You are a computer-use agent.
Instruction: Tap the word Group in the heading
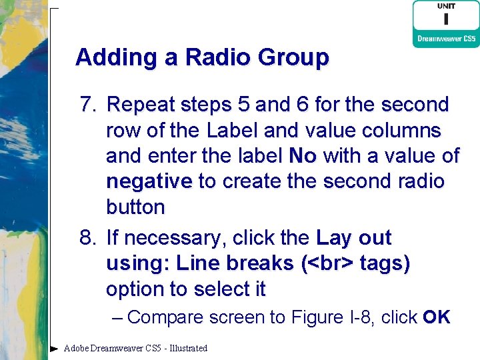click(291, 59)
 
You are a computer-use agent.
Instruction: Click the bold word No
click(303, 156)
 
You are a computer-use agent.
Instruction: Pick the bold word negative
click(149, 181)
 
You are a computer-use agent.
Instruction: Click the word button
click(135, 207)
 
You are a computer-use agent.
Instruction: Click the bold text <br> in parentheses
click(331, 264)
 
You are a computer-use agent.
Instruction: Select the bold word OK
click(437, 317)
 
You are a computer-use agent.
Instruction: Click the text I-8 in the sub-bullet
click(355, 317)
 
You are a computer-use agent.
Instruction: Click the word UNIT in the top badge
click(446, 7)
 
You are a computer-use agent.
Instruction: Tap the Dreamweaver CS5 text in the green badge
click(445, 39)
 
